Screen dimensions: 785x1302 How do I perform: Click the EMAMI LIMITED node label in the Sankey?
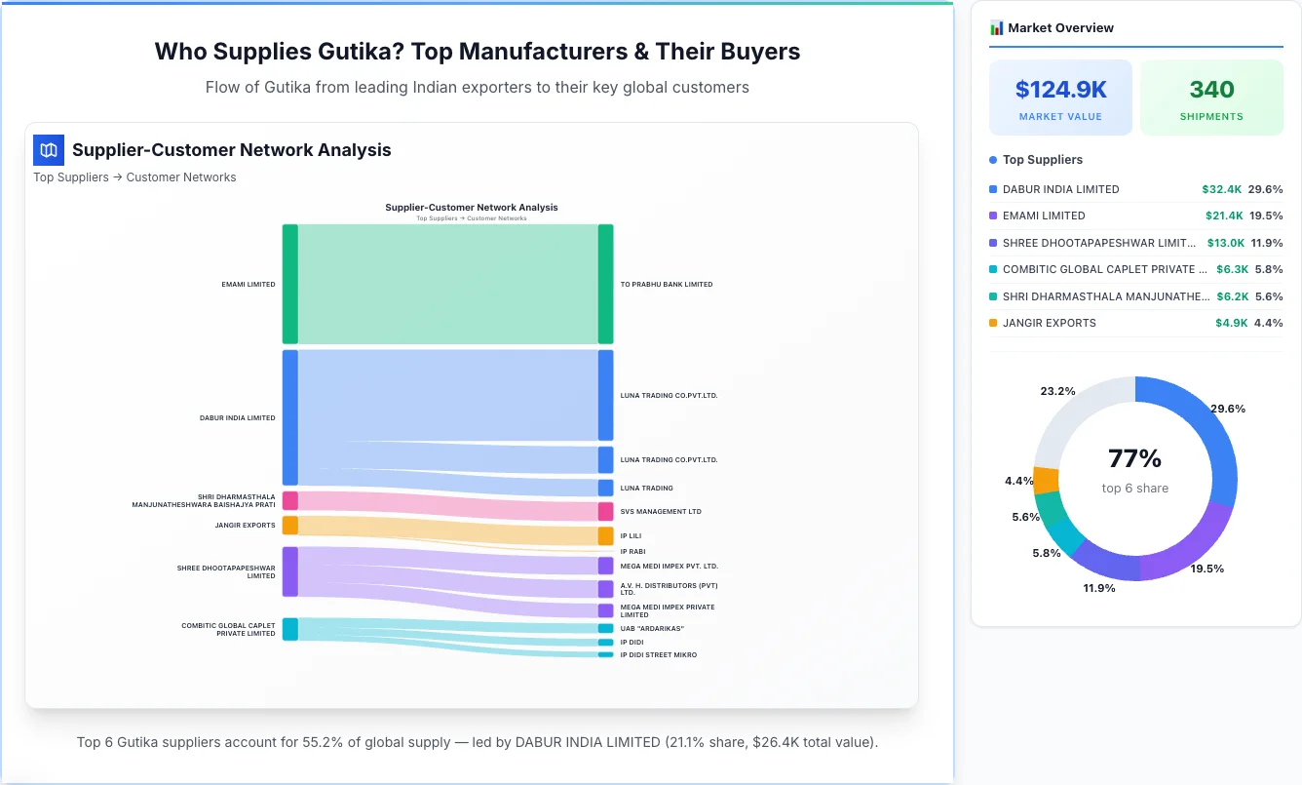[x=248, y=285]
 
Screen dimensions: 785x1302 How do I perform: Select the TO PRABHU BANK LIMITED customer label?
[x=667, y=285]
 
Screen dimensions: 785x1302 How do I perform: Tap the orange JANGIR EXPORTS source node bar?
[x=289, y=526]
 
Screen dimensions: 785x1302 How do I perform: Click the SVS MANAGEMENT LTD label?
[x=661, y=511]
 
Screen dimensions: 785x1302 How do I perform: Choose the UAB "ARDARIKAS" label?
[x=652, y=628]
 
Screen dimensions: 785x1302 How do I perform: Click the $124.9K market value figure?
[x=1060, y=90]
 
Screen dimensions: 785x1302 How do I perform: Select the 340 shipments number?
[x=1211, y=90]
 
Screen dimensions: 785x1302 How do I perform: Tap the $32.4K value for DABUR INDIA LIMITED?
[x=1221, y=189]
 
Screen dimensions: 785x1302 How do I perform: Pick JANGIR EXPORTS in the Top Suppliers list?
[x=1049, y=323]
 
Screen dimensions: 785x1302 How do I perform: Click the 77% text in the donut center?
[x=1134, y=458]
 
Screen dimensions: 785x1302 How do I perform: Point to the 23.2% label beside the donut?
[x=1057, y=391]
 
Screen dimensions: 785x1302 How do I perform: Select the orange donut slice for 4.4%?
[x=1046, y=480]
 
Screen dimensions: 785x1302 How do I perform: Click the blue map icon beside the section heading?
[x=49, y=150]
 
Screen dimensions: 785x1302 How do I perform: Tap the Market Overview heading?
[x=1060, y=28]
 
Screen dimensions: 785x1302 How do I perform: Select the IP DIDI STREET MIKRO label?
[x=658, y=654]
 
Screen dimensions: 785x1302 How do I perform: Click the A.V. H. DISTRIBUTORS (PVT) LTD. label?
[x=668, y=589]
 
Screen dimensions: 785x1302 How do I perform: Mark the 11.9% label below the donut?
[x=1099, y=588]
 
